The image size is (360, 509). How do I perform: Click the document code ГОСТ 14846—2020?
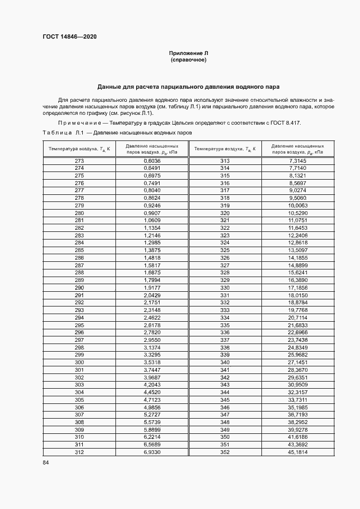pos(69,36)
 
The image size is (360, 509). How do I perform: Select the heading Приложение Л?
pos(188,53)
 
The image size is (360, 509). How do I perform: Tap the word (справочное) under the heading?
pos(188,60)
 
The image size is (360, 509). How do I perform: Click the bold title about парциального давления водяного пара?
pos(188,87)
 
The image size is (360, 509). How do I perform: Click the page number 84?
pos(46,463)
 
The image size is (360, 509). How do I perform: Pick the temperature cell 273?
pos(79,161)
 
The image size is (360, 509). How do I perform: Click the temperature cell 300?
pos(79,362)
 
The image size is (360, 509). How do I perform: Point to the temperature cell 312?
pos(79,452)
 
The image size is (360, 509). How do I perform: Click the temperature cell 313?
pos(225,161)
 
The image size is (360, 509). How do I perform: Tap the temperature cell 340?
pos(225,362)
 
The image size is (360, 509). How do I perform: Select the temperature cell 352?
pos(225,452)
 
